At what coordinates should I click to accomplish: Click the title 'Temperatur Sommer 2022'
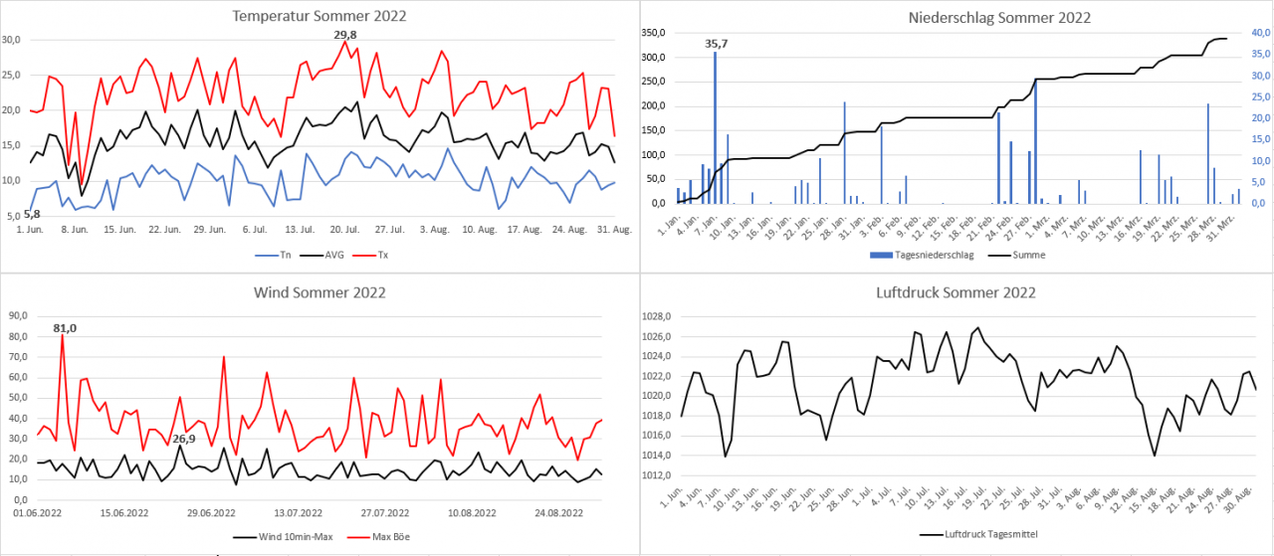click(318, 16)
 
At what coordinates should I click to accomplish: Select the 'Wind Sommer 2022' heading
click(318, 292)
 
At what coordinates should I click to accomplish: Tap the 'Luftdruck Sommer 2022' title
click(955, 292)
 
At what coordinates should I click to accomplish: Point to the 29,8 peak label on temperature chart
click(344, 34)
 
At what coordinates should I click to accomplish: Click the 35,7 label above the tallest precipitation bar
click(717, 43)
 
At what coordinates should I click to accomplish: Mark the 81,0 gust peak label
click(65, 327)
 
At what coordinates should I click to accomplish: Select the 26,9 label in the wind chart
click(184, 439)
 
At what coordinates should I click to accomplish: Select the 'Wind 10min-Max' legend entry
click(288, 537)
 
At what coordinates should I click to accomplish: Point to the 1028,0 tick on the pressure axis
click(660, 316)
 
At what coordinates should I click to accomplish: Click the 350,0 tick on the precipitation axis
click(652, 33)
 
